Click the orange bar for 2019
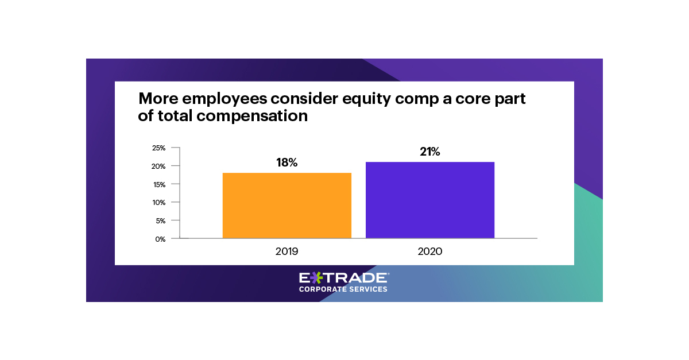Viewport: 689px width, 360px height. [287, 205]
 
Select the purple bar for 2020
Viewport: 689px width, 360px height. [430, 200]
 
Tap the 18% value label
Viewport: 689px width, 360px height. [287, 163]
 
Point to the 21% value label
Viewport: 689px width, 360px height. [430, 152]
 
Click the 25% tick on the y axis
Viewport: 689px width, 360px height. [158, 148]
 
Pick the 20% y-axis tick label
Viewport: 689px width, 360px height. [158, 167]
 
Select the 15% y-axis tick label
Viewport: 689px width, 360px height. [158, 184]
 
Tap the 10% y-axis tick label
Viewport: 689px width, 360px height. [158, 203]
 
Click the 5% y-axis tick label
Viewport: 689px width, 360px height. [160, 220]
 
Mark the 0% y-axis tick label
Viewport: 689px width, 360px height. [160, 239]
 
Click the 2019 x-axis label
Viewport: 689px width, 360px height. [287, 251]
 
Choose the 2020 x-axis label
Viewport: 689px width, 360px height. [430, 251]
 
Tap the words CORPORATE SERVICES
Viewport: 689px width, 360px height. [343, 289]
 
